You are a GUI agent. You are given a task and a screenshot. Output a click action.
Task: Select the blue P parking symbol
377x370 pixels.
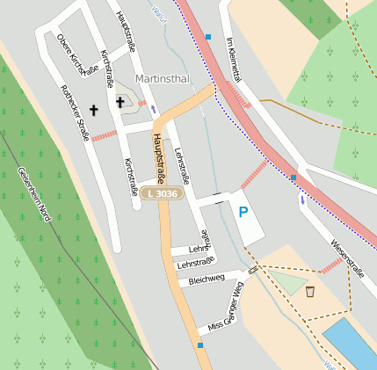(x=243, y=211)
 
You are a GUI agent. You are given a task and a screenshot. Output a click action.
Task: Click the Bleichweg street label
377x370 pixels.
(x=207, y=280)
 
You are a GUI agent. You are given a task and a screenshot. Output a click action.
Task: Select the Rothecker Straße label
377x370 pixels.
(x=75, y=113)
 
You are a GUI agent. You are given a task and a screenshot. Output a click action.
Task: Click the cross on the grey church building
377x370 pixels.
(x=120, y=102)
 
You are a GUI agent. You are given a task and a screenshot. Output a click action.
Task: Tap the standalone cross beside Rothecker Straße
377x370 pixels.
(x=93, y=111)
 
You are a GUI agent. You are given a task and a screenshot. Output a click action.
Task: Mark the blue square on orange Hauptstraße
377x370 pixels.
(x=200, y=345)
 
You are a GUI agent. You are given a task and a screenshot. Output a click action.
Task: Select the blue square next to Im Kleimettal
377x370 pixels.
(x=208, y=37)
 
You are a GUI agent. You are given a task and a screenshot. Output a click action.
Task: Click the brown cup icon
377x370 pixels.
(x=310, y=291)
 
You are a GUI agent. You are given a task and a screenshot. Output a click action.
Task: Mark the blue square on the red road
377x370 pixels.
(x=294, y=178)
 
